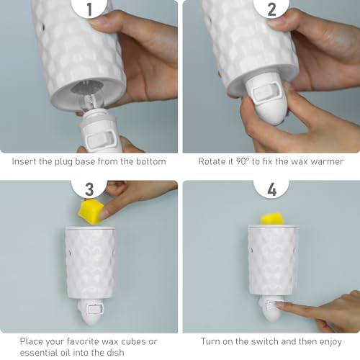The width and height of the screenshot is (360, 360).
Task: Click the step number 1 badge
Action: (89, 8)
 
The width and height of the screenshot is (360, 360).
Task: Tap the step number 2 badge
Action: (271, 8)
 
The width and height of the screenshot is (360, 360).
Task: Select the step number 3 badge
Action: (89, 189)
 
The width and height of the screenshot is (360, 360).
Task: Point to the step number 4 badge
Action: (271, 189)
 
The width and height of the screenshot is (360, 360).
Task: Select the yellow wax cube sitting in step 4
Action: (272, 219)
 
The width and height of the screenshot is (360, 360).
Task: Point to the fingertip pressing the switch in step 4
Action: (279, 305)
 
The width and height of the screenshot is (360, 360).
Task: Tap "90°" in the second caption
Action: (242, 161)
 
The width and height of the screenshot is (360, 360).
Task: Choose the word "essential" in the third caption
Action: (37, 353)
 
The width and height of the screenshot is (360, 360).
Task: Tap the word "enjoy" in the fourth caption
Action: (330, 342)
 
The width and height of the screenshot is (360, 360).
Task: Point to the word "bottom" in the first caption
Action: (151, 161)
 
